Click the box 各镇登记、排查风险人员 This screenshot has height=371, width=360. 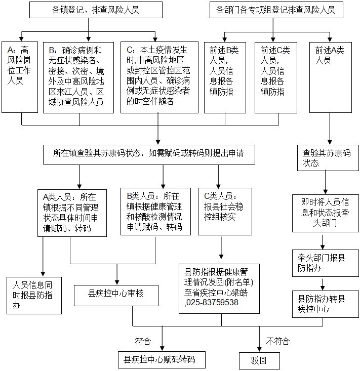(x=89, y=10)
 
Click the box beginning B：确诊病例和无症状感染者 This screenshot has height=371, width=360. (x=80, y=76)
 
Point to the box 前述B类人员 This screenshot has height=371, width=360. (x=224, y=76)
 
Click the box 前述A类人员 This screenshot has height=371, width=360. (x=330, y=76)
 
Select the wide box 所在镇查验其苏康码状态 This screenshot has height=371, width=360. (x=148, y=153)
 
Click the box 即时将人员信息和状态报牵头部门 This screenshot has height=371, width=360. (x=322, y=212)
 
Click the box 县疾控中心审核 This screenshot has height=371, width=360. (x=117, y=293)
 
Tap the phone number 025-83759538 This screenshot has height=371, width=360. (x=212, y=303)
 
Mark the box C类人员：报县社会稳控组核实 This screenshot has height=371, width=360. (x=224, y=212)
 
